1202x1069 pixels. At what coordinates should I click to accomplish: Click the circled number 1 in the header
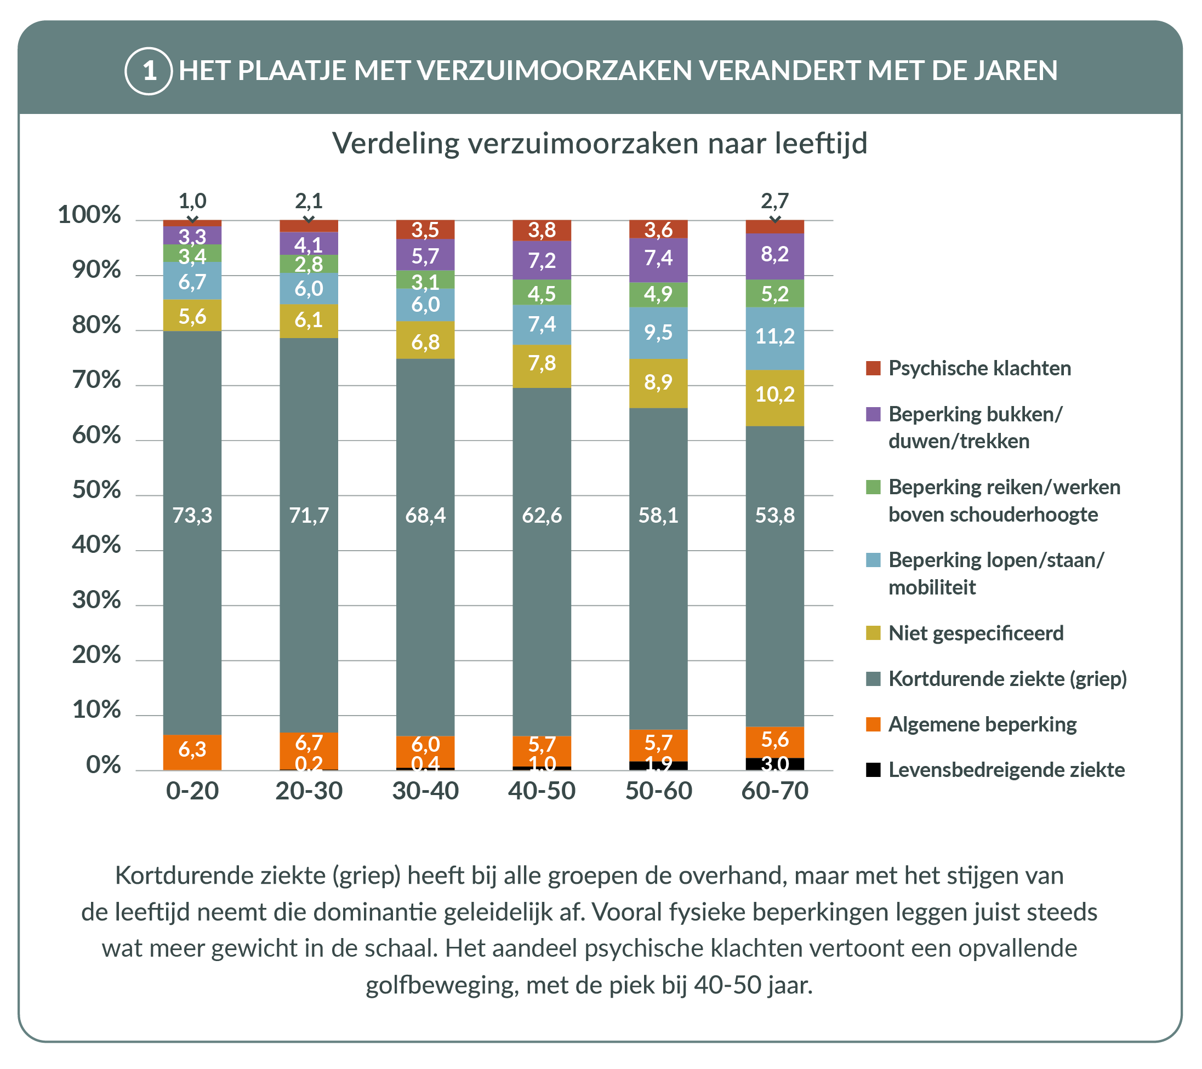tap(149, 71)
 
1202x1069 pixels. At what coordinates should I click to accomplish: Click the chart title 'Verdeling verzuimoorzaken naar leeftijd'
tap(599, 144)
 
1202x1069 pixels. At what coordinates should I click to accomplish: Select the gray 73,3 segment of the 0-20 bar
tap(192, 515)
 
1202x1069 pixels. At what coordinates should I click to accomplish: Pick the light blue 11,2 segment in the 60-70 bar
tap(774, 337)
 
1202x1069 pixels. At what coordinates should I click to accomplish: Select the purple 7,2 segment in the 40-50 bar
tap(542, 260)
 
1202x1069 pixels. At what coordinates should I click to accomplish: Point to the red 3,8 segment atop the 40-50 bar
tap(542, 231)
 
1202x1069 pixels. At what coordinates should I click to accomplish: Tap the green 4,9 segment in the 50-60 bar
tap(658, 294)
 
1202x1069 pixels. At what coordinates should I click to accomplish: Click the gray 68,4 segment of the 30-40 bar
tap(425, 515)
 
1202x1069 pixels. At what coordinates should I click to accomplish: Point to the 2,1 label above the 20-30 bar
tap(309, 202)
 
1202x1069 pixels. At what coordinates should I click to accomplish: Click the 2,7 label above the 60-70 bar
tap(774, 202)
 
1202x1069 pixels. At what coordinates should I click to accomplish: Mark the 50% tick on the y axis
tap(96, 490)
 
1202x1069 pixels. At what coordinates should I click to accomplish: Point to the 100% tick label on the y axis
tap(89, 215)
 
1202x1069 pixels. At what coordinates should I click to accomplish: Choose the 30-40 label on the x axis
tap(425, 791)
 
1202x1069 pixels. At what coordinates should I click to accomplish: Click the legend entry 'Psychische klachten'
tap(979, 369)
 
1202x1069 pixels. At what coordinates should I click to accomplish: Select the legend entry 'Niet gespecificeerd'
tap(976, 633)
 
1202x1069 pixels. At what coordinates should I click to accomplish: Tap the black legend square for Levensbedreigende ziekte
tap(873, 770)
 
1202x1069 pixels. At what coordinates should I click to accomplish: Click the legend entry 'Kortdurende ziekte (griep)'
tap(1007, 679)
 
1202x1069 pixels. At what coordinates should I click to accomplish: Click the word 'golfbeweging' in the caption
tap(441, 986)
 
